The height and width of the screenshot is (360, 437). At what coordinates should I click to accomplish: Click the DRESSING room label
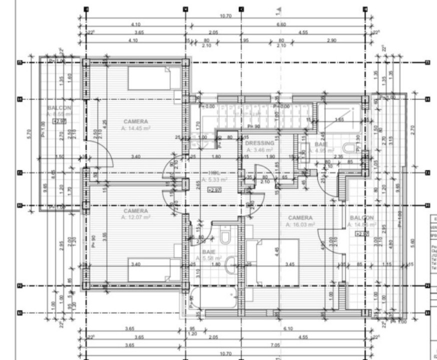(x=259, y=143)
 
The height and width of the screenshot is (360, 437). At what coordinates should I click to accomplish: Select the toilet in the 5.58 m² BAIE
(x=225, y=235)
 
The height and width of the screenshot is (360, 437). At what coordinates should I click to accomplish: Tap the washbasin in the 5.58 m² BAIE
(x=231, y=265)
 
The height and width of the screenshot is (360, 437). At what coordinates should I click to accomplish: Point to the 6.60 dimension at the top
(x=281, y=24)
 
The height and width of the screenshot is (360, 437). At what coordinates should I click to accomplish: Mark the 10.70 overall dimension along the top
(x=226, y=16)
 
